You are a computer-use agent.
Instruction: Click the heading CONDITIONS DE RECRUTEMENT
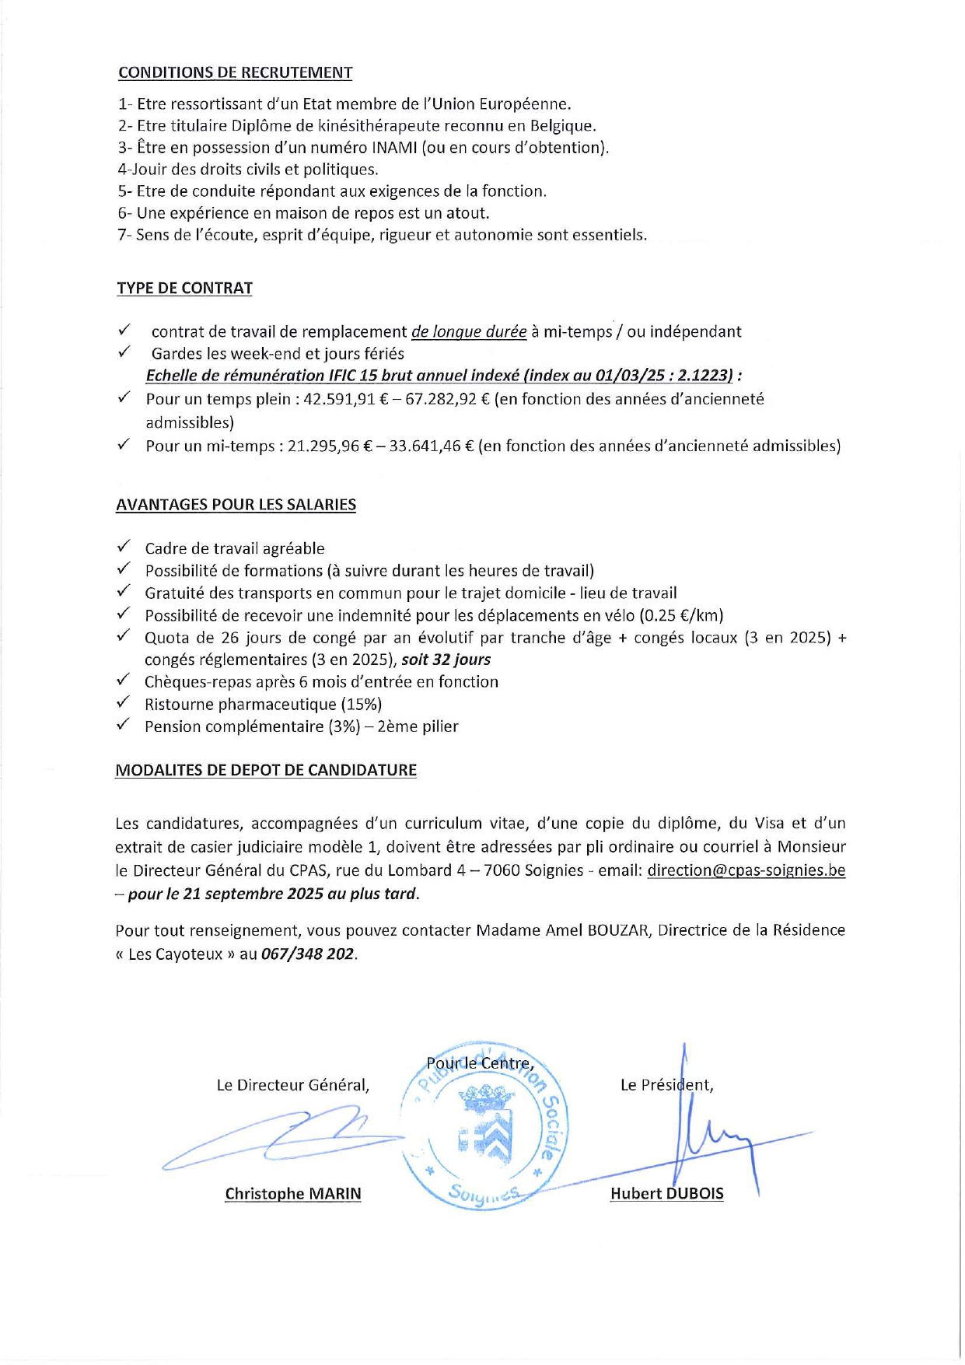(x=235, y=73)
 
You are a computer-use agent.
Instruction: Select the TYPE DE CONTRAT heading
(x=184, y=289)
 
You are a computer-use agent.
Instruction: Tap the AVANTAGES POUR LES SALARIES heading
(x=236, y=505)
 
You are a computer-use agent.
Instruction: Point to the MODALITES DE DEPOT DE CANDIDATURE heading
(x=265, y=771)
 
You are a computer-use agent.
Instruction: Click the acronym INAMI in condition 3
(x=394, y=148)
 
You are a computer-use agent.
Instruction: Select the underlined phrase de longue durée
(x=469, y=332)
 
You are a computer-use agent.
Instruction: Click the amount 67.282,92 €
(x=441, y=400)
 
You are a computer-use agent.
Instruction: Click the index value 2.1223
(x=704, y=376)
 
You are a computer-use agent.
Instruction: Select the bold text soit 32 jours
(x=446, y=660)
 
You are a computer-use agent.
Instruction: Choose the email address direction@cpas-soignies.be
(x=746, y=871)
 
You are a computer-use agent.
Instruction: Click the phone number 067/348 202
(x=308, y=954)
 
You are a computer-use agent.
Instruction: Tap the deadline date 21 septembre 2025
(x=253, y=894)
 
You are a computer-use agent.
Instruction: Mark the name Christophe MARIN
(x=293, y=1194)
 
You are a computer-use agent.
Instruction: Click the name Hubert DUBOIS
(x=666, y=1194)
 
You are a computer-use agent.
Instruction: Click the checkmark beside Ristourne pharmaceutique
(x=124, y=704)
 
